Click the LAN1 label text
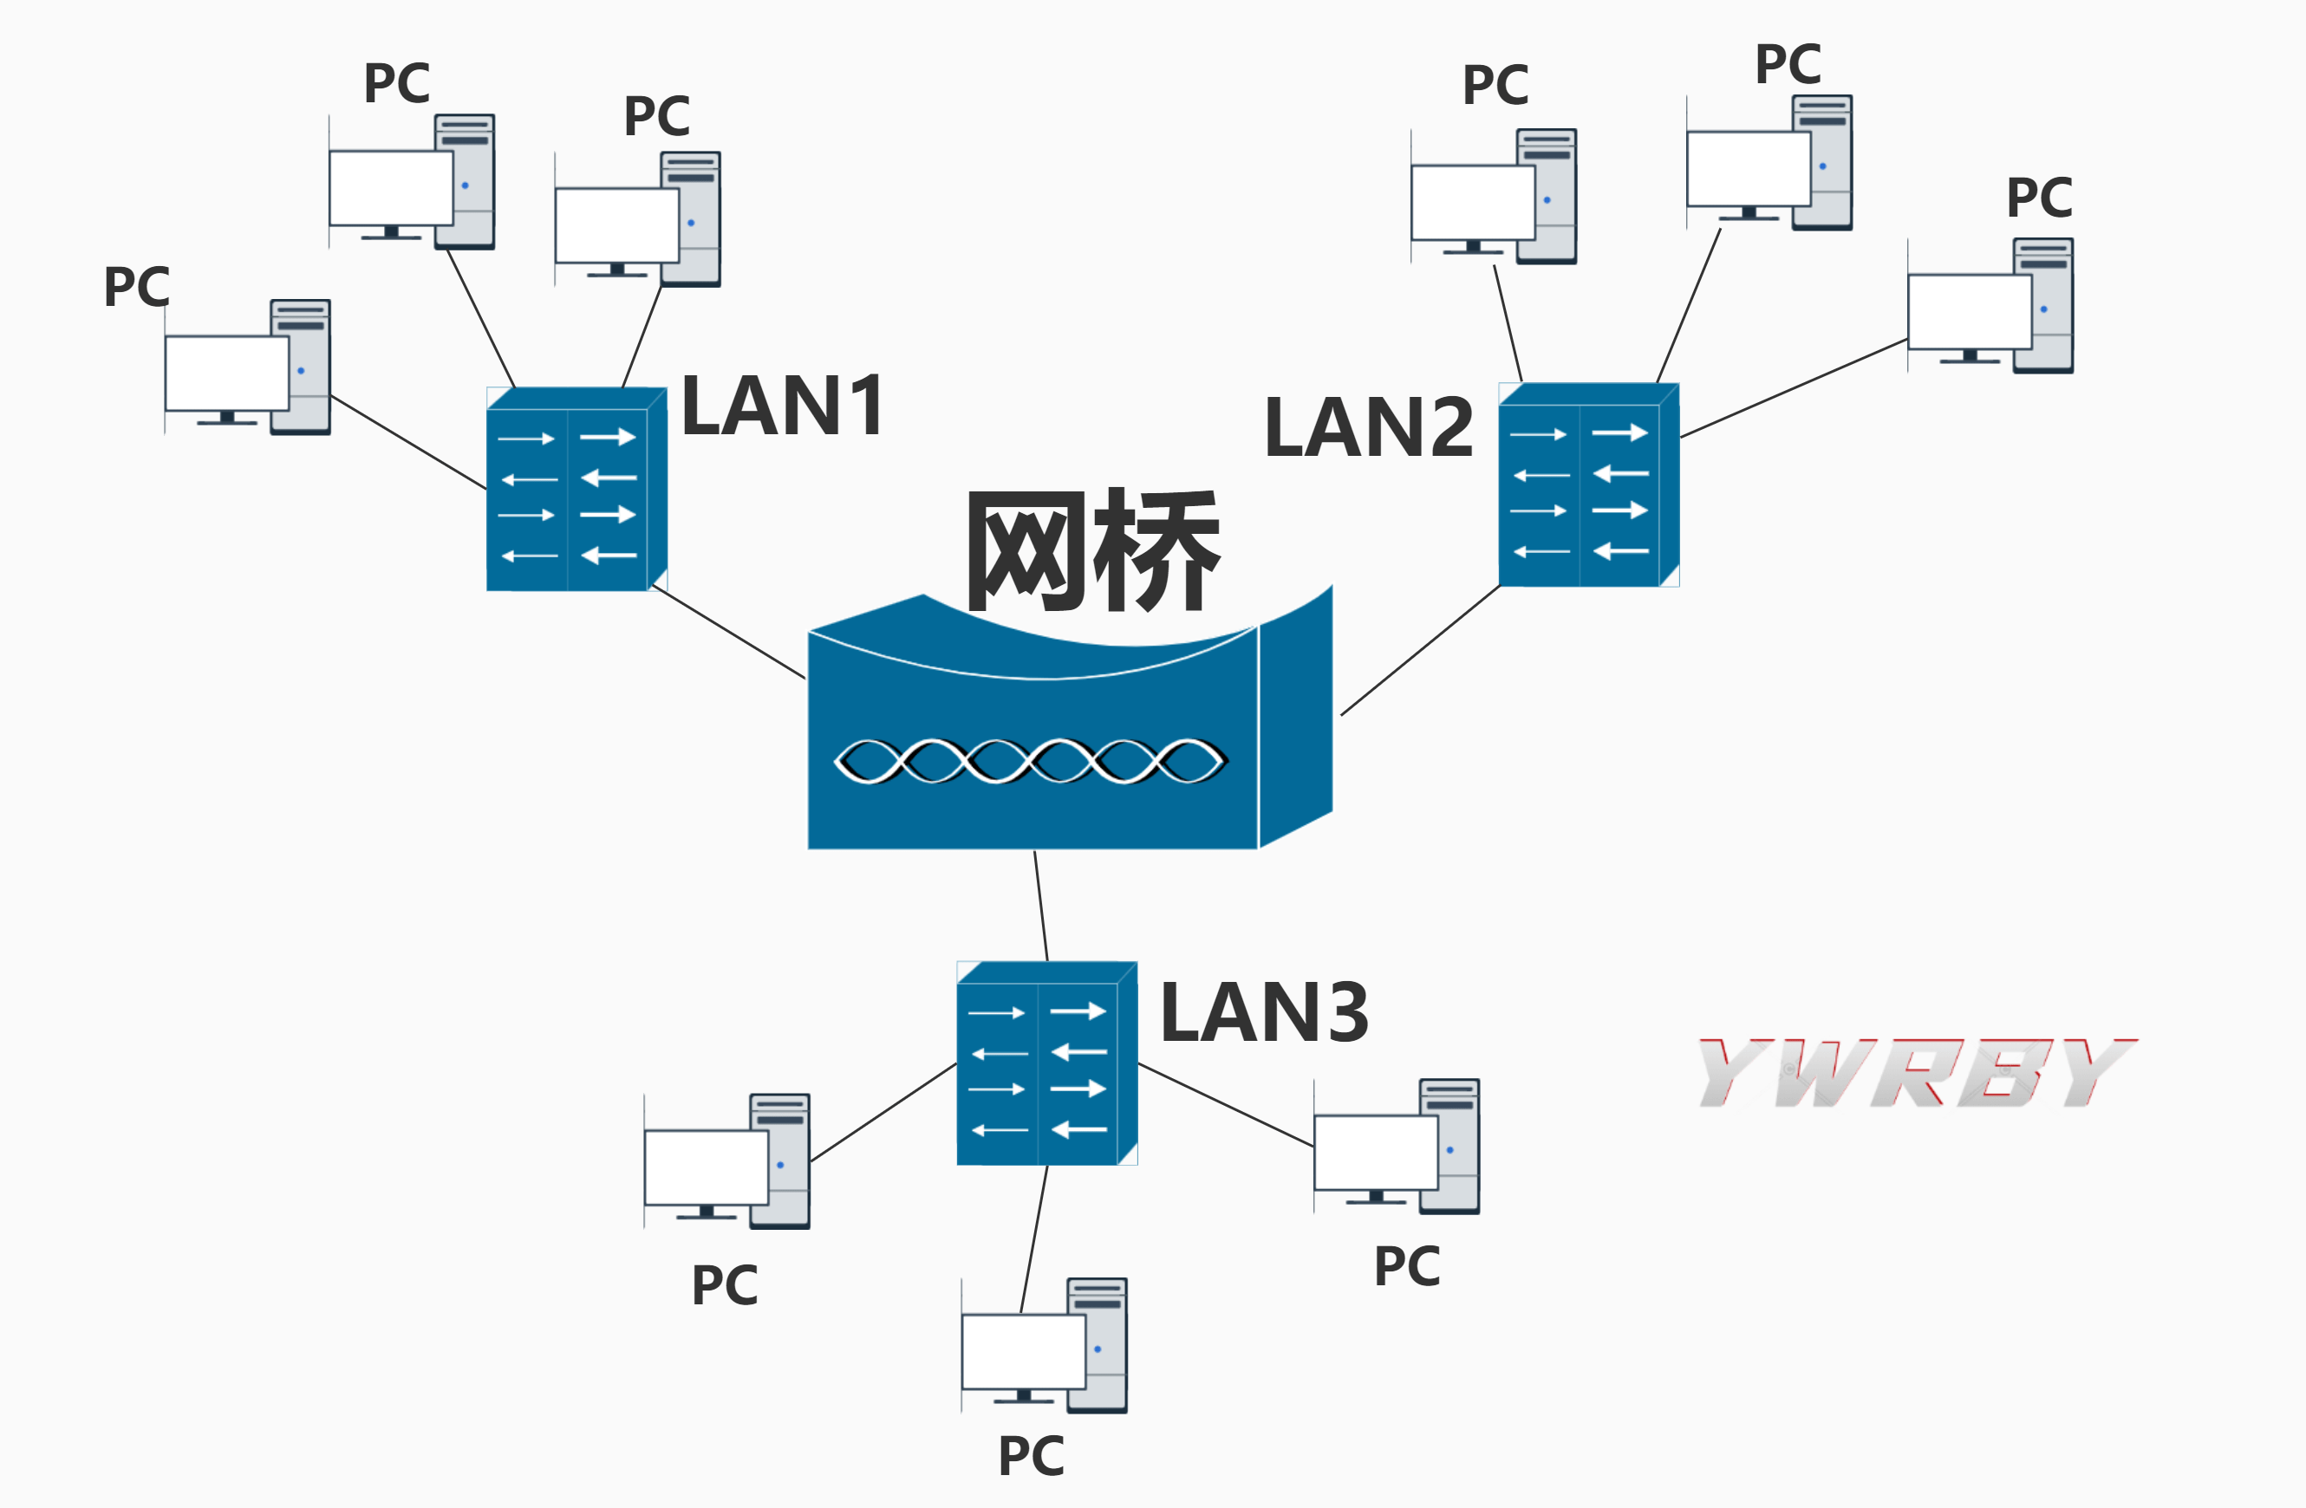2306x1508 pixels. pos(783,406)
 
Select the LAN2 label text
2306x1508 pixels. pos(1368,427)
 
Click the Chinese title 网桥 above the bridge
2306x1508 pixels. pos(1093,551)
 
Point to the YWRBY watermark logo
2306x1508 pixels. pos(1916,1072)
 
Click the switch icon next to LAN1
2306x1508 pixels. pos(576,490)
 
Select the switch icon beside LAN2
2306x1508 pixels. pos(1588,485)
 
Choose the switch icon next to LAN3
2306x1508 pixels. pos(1046,1063)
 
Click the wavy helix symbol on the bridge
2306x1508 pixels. pos(1031,760)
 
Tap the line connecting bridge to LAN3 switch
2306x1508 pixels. pos(1040,906)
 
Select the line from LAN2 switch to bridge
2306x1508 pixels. pos(1419,651)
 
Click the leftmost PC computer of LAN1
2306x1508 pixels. pos(248,368)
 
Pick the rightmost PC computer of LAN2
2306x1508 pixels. pos(1990,306)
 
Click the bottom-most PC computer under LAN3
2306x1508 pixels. pos(1045,1346)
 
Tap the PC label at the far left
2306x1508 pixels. pos(137,287)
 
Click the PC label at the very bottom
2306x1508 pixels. pos(1031,1456)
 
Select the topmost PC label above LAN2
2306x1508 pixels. pos(1788,64)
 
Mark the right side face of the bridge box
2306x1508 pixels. pos(1295,717)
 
